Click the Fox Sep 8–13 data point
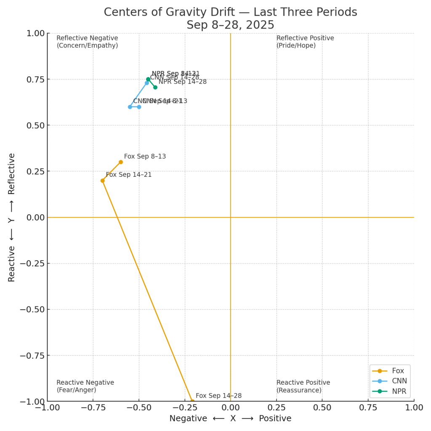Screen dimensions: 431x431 pos(121,162)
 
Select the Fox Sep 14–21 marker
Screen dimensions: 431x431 pos(102,181)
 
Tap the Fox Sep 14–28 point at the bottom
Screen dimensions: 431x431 pos(192,401)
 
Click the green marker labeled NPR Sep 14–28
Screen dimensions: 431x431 pos(155,87)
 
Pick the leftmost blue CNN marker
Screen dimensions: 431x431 pos(130,107)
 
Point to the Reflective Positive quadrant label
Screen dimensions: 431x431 pos(305,42)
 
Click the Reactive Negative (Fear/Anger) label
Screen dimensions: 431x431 pos(85,386)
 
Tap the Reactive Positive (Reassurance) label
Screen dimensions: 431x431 pos(303,386)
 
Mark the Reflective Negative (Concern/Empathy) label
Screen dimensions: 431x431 pos(87,42)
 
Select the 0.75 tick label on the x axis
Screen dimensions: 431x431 pos(368,408)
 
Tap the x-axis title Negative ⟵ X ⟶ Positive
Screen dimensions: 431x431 pos(230,418)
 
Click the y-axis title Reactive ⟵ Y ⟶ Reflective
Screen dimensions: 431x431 pos(12,217)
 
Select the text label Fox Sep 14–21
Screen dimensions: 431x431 pos(129,175)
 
